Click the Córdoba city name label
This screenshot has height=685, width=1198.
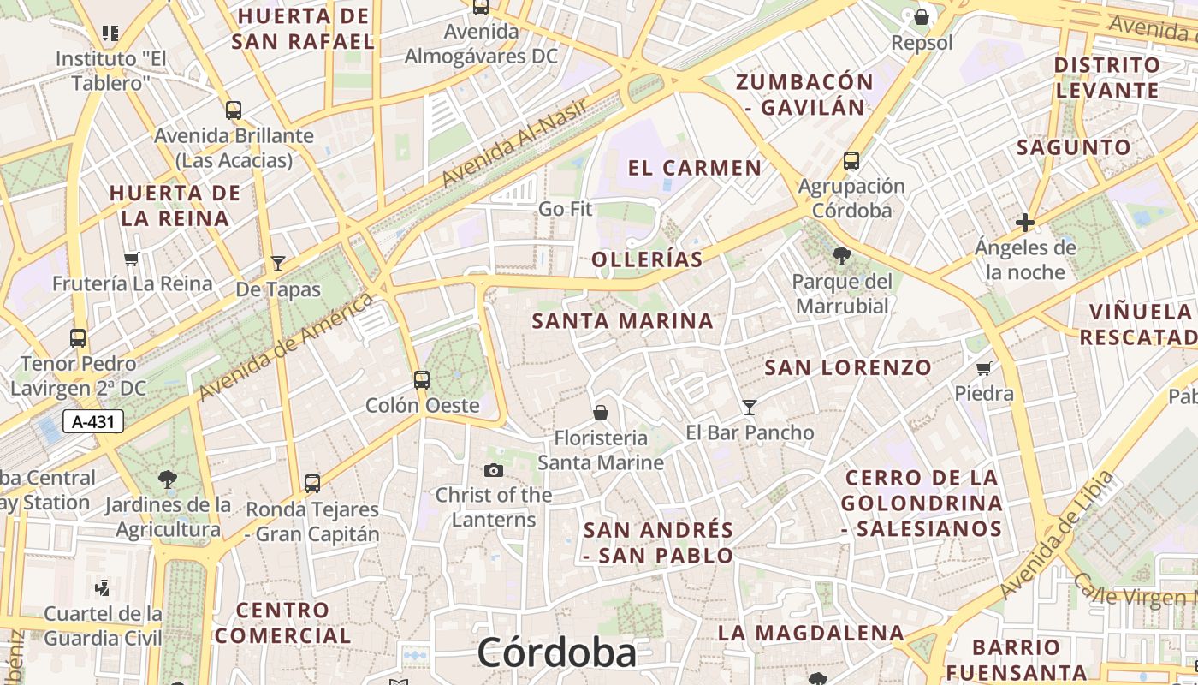[x=556, y=652]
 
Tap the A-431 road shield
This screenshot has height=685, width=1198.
[x=93, y=421]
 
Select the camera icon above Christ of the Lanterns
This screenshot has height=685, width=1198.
[x=493, y=470]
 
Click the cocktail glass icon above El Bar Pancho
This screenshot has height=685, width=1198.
[x=750, y=407]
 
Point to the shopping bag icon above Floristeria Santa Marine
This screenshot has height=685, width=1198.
[x=601, y=413]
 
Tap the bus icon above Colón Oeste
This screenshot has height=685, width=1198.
[x=421, y=379]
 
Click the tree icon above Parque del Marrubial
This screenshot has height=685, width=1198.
[x=841, y=255]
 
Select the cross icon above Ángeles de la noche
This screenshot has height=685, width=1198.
[x=1025, y=223]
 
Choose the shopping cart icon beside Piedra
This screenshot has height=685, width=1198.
[x=984, y=369]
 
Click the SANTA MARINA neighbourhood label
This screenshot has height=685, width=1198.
[x=622, y=321]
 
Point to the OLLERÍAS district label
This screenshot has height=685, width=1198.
[x=647, y=259]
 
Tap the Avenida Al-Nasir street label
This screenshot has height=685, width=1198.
[x=514, y=142]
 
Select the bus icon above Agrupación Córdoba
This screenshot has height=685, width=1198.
[x=851, y=160]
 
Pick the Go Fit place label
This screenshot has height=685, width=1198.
[x=565, y=209]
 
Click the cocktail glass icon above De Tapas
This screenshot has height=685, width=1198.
[x=277, y=263]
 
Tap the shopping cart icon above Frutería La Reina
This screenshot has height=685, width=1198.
[x=131, y=259]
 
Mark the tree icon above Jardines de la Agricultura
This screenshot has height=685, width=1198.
[x=168, y=479]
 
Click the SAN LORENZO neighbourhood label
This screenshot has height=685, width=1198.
[x=847, y=367]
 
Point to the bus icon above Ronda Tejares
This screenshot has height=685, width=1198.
[x=312, y=483]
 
